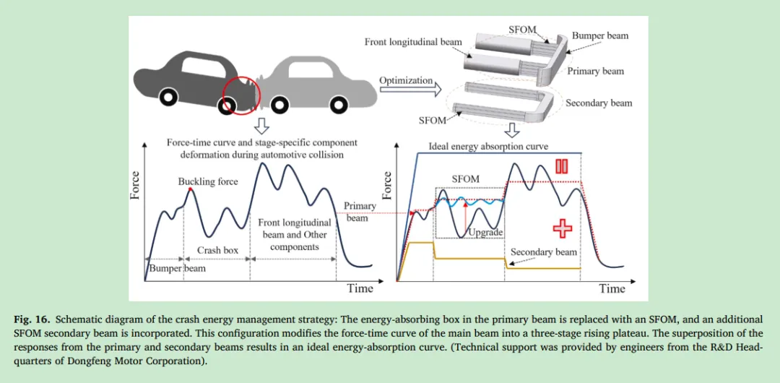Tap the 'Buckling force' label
tap(208, 181)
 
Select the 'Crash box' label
tap(217, 251)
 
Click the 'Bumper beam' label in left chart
tap(177, 269)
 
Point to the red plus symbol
tap(562, 228)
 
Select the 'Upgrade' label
tap(485, 233)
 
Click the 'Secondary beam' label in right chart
tap(544, 252)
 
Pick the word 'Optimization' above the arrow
tap(406, 80)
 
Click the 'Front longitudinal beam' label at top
tap(413, 42)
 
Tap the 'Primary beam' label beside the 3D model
tap(595, 72)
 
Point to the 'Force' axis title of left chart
tap(135, 186)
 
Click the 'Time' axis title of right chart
tap(612, 288)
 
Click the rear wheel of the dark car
tap(168, 97)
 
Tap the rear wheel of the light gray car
tap(278, 105)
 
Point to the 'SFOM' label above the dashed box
tap(465, 179)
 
